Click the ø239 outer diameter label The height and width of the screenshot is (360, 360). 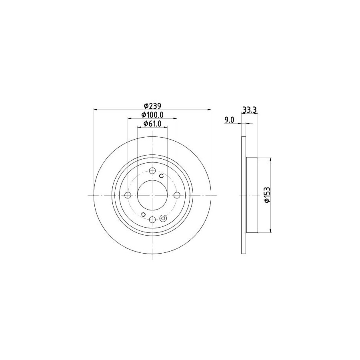pos(152,106)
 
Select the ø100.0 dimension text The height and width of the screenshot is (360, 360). pos(152,114)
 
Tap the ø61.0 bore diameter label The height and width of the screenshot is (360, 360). pos(152,124)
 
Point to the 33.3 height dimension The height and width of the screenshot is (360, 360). pos(250,110)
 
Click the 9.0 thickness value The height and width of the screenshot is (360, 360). pos(229,120)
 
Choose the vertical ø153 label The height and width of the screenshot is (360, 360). pos(267,195)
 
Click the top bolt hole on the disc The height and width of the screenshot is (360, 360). pos(152,171)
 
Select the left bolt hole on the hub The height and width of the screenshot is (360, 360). pos(128,195)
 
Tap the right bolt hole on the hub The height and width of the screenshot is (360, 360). pos(177,195)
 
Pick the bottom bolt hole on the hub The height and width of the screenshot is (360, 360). pos(152,220)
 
